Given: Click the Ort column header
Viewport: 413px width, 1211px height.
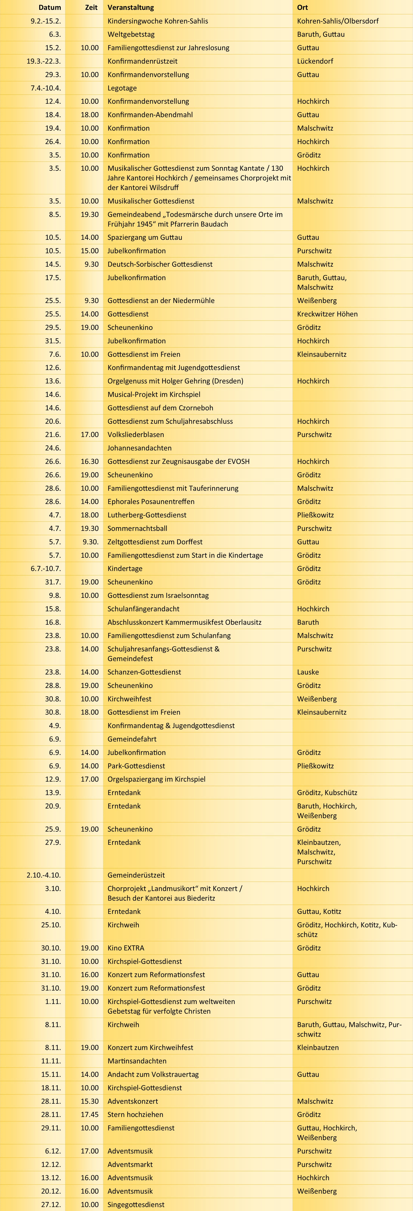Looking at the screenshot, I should pos(302,8).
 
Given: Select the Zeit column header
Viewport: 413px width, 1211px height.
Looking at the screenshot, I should pos(91,8).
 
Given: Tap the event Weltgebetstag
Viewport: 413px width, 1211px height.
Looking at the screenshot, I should pos(131,34).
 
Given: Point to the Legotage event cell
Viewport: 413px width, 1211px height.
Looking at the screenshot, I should pos(122,88).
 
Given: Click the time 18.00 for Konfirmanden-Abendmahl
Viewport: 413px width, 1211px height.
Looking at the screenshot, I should pos(89,115).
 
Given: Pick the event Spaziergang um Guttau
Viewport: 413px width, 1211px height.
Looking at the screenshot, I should pos(144,237).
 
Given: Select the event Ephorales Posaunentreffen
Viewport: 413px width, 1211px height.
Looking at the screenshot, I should pos(151,502).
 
